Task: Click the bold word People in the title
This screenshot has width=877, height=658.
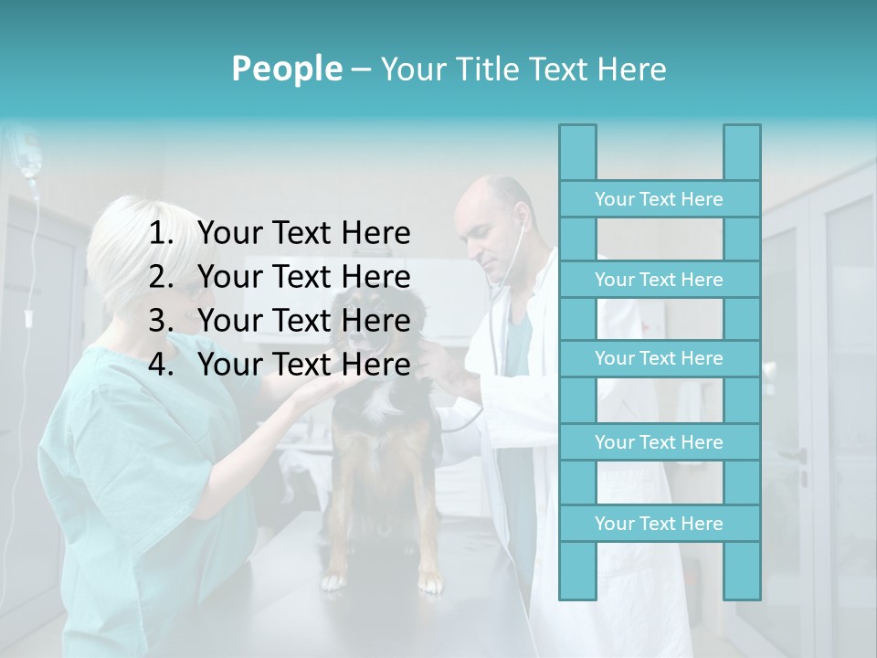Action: [286, 69]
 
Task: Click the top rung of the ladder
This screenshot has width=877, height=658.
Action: [659, 199]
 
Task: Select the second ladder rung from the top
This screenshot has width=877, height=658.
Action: [659, 280]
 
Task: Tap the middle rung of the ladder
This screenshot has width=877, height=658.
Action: [659, 358]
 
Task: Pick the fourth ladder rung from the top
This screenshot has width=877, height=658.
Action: [659, 442]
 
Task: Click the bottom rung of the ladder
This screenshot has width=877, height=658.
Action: [659, 524]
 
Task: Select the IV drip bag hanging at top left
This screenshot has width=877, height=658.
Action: [30, 155]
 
